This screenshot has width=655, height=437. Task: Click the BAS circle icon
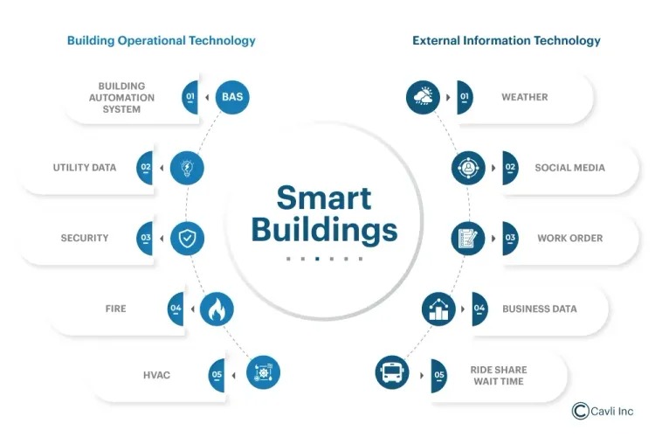pos(231,97)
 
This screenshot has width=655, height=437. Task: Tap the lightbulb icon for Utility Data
pos(187,167)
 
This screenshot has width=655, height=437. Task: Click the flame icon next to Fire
pos(217,309)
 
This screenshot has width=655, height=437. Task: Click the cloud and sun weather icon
pos(424,97)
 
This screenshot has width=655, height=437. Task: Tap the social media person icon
pos(468,167)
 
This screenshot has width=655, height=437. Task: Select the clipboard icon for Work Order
pos(468,238)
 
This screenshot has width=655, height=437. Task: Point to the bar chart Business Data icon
pos(438,309)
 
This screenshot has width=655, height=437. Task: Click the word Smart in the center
pos(324,198)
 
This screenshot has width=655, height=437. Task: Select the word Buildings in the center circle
pos(324,230)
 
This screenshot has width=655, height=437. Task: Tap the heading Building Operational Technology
pos(162,40)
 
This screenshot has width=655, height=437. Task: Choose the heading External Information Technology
pos(507,40)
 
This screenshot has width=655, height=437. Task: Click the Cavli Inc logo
pos(603,411)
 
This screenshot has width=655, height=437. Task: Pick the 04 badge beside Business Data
pos(479,309)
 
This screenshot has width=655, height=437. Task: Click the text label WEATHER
pos(524,97)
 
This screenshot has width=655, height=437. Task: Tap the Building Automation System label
pos(121,97)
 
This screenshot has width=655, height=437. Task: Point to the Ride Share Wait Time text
pos(499,375)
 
